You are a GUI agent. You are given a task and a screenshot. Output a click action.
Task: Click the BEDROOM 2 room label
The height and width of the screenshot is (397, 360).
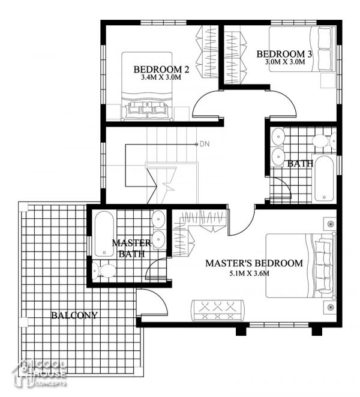tap(161, 69)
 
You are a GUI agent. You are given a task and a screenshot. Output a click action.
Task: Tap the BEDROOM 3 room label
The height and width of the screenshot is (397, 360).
tap(285, 54)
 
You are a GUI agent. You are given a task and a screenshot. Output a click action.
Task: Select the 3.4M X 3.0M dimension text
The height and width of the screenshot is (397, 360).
tap(161, 78)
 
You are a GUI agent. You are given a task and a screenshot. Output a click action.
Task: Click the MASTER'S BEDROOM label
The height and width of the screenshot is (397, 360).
tap(254, 263)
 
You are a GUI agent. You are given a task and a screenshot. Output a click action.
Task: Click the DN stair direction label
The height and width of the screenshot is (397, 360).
tap(205, 144)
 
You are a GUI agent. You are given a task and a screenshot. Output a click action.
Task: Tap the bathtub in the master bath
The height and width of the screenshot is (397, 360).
tap(103, 233)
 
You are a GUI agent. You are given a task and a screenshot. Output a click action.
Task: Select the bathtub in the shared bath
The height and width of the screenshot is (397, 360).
tap(325, 178)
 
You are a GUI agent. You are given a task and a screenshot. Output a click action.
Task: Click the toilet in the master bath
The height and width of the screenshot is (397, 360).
tap(106, 270)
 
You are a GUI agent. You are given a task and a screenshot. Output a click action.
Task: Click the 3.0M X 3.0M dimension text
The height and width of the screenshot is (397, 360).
tap(285, 62)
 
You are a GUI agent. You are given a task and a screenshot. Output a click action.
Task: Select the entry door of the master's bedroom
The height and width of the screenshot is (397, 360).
tap(240, 222)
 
